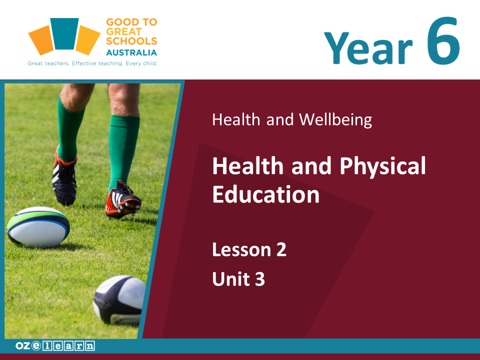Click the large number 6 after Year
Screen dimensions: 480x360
pyautogui.click(x=443, y=41)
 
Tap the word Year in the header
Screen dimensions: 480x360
pyautogui.click(x=368, y=48)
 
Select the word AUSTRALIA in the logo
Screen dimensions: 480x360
pyautogui.click(x=131, y=52)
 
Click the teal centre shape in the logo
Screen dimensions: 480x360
pyautogui.click(x=64, y=33)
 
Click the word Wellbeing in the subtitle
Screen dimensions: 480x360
pyautogui.click(x=335, y=119)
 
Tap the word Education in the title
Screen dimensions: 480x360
pyautogui.click(x=266, y=194)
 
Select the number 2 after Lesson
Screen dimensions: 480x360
pyautogui.click(x=281, y=249)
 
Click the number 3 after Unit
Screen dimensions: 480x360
pyautogui.click(x=259, y=279)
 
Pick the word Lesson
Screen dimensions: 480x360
pyautogui.click(x=242, y=249)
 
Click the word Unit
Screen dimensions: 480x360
pyautogui.click(x=231, y=279)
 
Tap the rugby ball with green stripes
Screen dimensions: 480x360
pyautogui.click(x=38, y=227)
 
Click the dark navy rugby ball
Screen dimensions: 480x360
pyautogui.click(x=119, y=300)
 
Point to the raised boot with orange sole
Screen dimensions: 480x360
pyautogui.click(x=123, y=200)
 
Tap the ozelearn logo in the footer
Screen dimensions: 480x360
pyautogui.click(x=55, y=346)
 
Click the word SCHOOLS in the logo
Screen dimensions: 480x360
pyautogui.click(x=131, y=41)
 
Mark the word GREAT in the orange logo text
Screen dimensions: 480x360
pyautogui.click(x=124, y=31)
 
